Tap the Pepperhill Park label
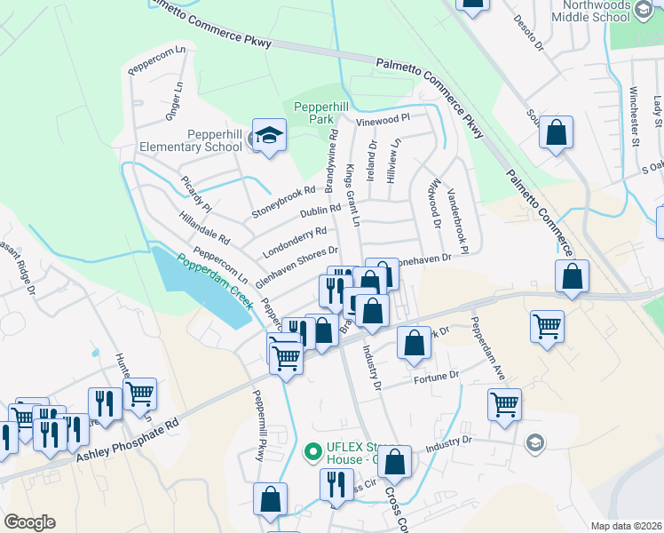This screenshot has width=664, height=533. click(x=312, y=111)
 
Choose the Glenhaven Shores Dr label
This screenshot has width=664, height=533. click(x=296, y=266)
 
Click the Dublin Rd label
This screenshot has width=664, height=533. click(x=320, y=213)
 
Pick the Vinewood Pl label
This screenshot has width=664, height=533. click(x=383, y=118)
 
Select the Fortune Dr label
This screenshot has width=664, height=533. click(x=436, y=377)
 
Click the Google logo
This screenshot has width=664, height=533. click(x=29, y=522)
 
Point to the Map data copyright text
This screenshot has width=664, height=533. click(x=626, y=526)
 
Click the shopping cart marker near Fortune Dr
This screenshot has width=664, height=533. click(x=504, y=404)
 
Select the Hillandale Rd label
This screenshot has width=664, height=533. click(x=204, y=228)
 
